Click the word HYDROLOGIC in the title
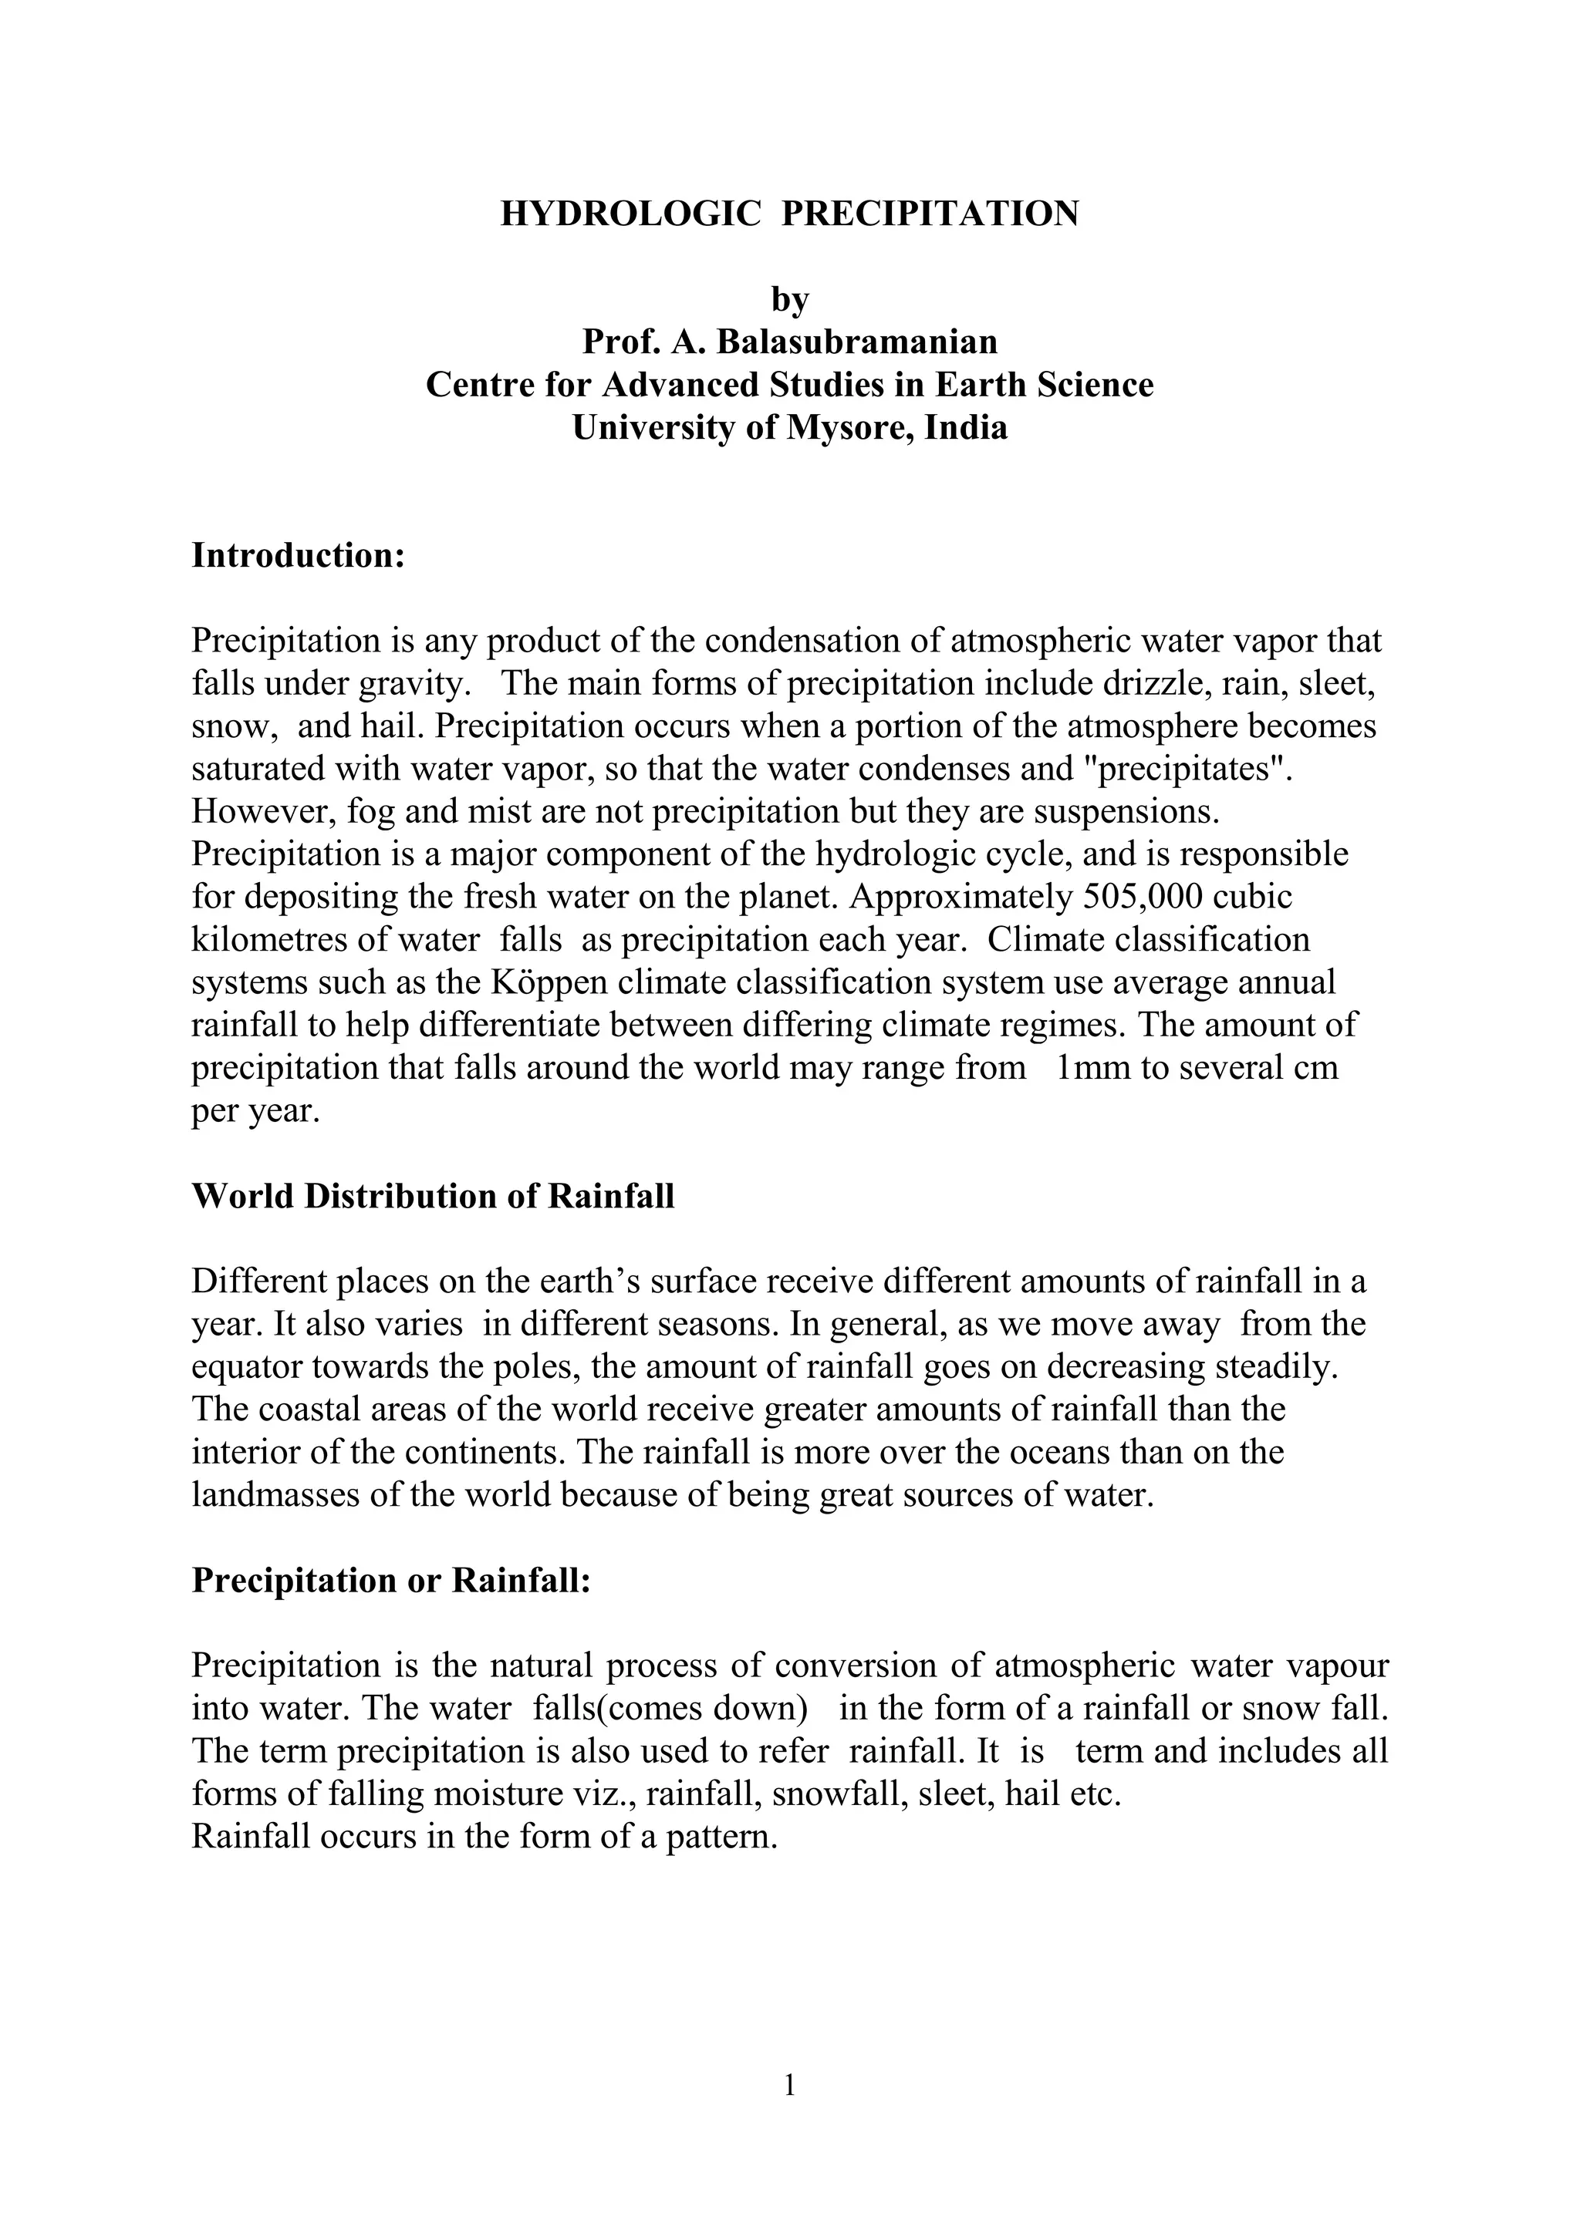coord(630,213)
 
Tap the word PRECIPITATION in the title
coord(930,213)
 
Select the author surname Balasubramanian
coord(857,342)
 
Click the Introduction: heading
coord(298,556)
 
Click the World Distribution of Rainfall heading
coord(433,1196)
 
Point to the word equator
coord(247,1367)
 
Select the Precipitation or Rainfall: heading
coord(391,1581)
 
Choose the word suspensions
coord(1133,811)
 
